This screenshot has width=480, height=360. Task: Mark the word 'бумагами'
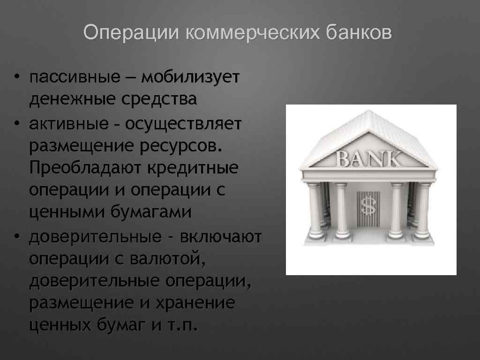click(x=151, y=212)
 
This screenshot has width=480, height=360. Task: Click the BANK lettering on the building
click(x=370, y=159)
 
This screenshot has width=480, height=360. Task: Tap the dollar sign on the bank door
click(x=367, y=205)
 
